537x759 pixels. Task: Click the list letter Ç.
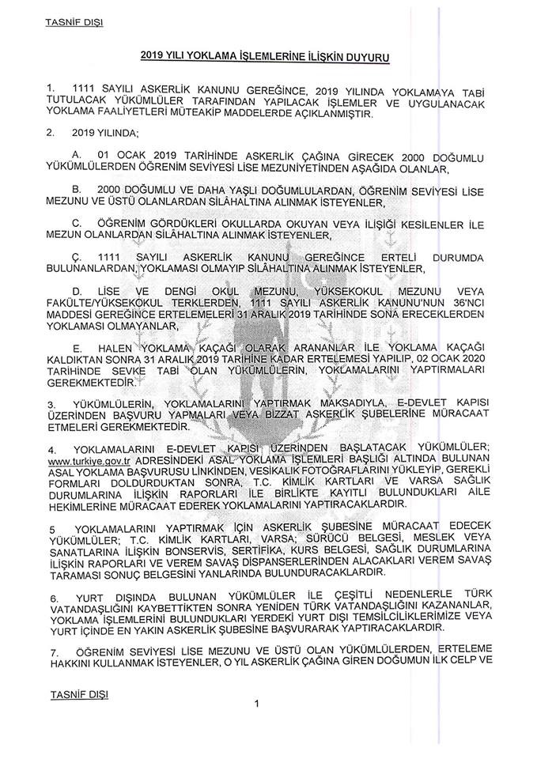[76, 257]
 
